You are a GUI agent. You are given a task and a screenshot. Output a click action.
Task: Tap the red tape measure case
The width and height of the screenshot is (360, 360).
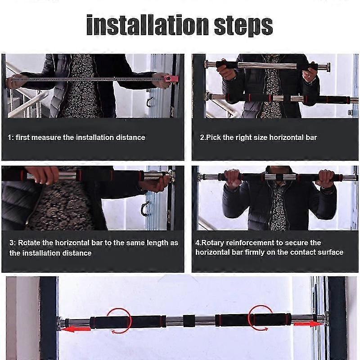pyautogui.click(x=172, y=78)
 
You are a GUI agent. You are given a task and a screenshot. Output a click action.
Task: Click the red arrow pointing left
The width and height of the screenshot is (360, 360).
pyautogui.click(x=76, y=329)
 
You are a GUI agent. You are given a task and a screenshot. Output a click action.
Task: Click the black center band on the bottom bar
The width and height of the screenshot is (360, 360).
pyautogui.click(x=189, y=321)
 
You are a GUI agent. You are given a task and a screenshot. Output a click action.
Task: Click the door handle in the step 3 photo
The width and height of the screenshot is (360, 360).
pyautogui.click(x=144, y=209)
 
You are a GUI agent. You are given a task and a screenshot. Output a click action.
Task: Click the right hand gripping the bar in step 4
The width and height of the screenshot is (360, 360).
pyautogui.click(x=326, y=179)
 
